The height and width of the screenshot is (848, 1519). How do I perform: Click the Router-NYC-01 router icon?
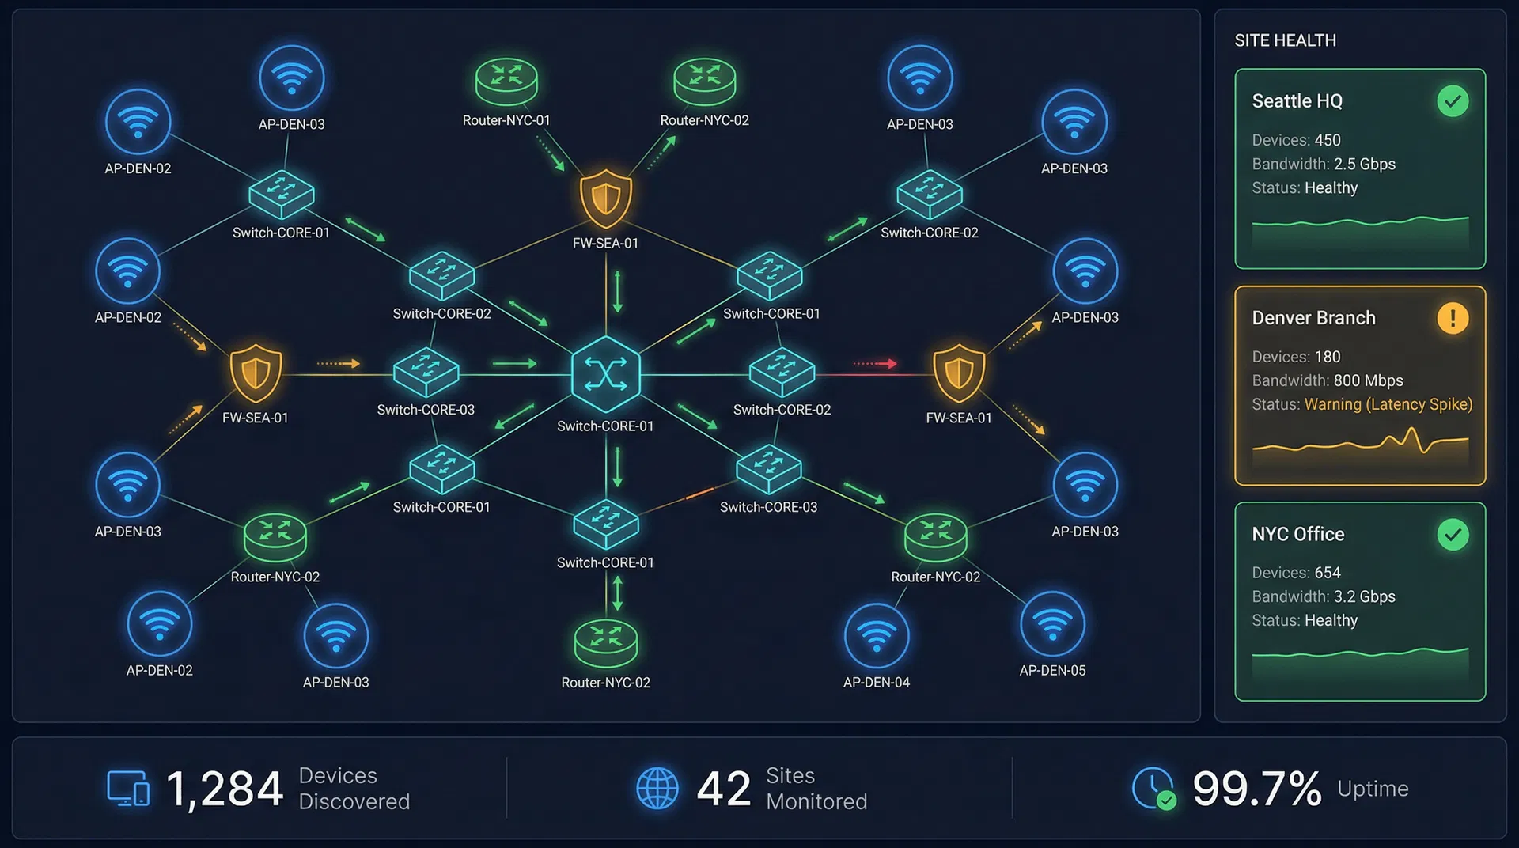click(x=506, y=81)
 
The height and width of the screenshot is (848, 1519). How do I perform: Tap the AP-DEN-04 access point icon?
click(x=876, y=635)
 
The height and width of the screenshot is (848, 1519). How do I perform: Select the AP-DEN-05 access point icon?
click(x=1052, y=624)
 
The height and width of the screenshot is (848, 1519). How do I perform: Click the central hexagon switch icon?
click(x=606, y=374)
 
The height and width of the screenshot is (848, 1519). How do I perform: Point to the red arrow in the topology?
click(x=875, y=364)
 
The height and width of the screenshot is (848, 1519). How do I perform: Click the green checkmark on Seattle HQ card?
click(x=1453, y=101)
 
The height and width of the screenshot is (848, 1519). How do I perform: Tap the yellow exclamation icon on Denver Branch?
click(x=1453, y=318)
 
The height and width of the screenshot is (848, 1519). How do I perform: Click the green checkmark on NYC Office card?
click(x=1453, y=535)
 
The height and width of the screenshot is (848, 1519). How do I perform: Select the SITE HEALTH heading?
click(x=1285, y=40)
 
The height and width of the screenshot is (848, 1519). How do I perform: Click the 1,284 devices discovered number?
click(x=225, y=789)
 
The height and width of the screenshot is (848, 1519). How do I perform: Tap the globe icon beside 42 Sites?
click(x=657, y=789)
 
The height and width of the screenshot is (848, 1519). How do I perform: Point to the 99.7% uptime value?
click(x=1256, y=789)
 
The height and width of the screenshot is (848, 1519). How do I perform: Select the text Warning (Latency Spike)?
click(x=1388, y=404)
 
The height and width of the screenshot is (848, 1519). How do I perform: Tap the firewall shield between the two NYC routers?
click(x=606, y=197)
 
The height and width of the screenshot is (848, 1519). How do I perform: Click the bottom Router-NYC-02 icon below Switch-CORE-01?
click(x=606, y=643)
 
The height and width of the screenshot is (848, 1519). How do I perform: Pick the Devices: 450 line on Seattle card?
click(x=1296, y=140)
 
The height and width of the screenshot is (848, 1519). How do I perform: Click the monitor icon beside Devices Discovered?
click(x=128, y=789)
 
